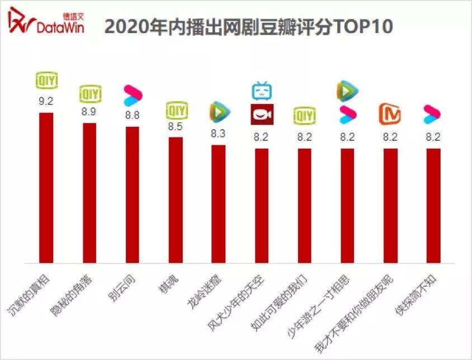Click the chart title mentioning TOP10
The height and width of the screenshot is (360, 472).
click(248, 26)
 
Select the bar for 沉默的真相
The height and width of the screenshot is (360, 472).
click(46, 188)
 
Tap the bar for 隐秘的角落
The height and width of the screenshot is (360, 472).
click(89, 193)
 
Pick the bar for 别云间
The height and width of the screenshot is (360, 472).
click(133, 195)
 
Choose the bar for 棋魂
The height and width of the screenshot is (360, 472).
click(176, 200)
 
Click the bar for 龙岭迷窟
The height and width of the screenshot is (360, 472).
click(218, 203)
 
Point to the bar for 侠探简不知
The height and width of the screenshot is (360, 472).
click(433, 205)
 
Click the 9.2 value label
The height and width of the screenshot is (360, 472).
click(46, 102)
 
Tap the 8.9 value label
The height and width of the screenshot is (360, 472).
click(89, 112)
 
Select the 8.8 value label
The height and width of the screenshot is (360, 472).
click(133, 116)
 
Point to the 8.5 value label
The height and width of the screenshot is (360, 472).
click(176, 126)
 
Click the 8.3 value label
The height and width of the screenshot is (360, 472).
click(218, 134)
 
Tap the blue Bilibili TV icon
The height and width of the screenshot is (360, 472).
click(261, 91)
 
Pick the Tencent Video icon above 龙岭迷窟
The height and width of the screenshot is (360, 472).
click(219, 112)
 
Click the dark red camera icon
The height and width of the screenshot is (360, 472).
click(261, 115)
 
